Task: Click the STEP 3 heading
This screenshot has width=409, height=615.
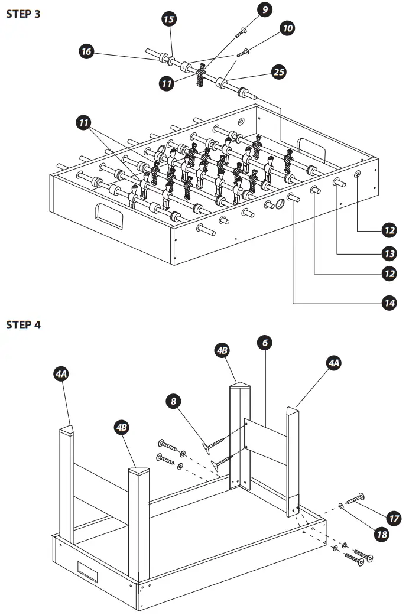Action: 23,14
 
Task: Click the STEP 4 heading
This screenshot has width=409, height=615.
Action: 23,325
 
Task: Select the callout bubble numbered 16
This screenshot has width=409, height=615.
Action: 87,52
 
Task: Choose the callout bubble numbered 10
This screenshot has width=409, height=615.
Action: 288,28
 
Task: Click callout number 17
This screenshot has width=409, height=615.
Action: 394,518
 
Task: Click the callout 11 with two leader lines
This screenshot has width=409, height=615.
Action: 84,123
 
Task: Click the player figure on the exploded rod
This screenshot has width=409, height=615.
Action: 202,77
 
